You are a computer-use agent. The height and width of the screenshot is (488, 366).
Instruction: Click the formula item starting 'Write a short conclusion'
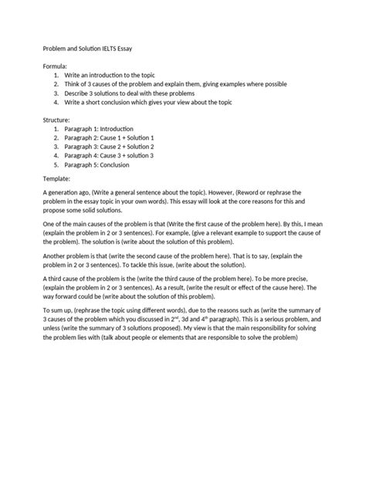[162, 102]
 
